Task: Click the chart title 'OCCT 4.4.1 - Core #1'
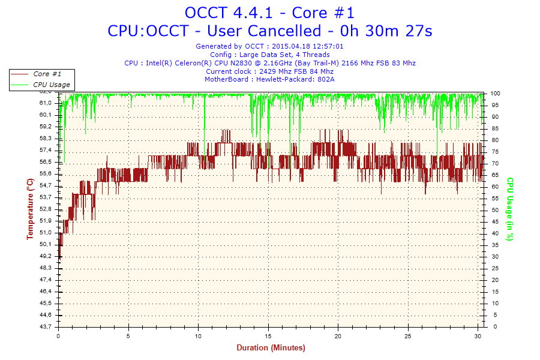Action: click(x=269, y=13)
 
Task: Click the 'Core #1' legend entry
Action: click(x=47, y=74)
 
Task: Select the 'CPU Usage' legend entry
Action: click(x=51, y=85)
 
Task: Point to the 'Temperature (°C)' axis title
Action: click(x=29, y=209)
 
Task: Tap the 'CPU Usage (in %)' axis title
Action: click(x=510, y=209)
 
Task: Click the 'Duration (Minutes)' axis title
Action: click(x=270, y=348)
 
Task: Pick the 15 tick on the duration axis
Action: click(x=268, y=335)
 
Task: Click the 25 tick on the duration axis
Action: click(x=408, y=335)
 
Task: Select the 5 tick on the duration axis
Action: click(x=128, y=335)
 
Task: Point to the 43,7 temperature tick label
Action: click(x=46, y=326)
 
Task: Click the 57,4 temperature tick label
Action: click(x=46, y=150)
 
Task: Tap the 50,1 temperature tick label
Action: click(x=46, y=244)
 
